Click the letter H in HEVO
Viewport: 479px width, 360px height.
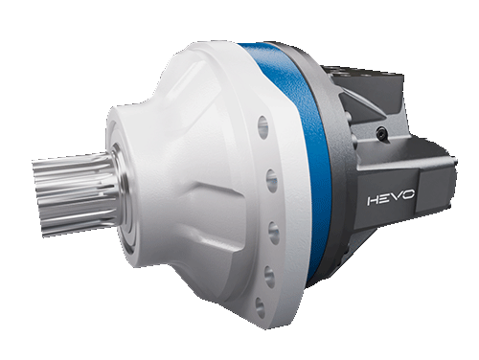pyautogui.click(x=374, y=201)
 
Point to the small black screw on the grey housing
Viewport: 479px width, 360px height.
pyautogui.click(x=382, y=132)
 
